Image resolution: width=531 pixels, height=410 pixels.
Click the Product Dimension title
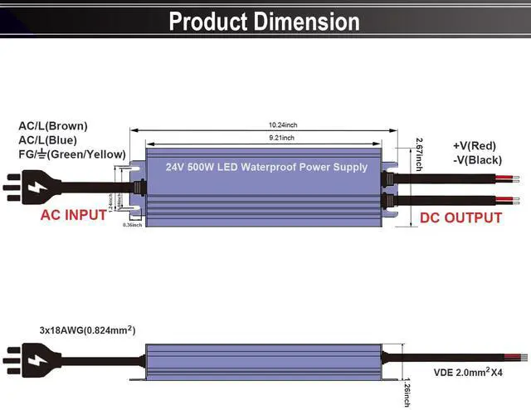(265, 22)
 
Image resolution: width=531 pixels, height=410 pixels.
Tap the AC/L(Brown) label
(53, 126)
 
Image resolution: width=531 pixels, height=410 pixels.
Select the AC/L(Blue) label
(51, 140)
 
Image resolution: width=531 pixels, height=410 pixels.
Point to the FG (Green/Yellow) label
(72, 154)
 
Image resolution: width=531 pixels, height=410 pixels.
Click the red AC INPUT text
(74, 215)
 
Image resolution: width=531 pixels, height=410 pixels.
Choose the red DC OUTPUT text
(460, 217)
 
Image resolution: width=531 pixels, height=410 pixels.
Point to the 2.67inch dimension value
(420, 154)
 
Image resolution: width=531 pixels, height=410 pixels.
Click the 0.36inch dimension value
(132, 225)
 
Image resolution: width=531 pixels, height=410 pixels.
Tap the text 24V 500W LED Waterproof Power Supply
(266, 167)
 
